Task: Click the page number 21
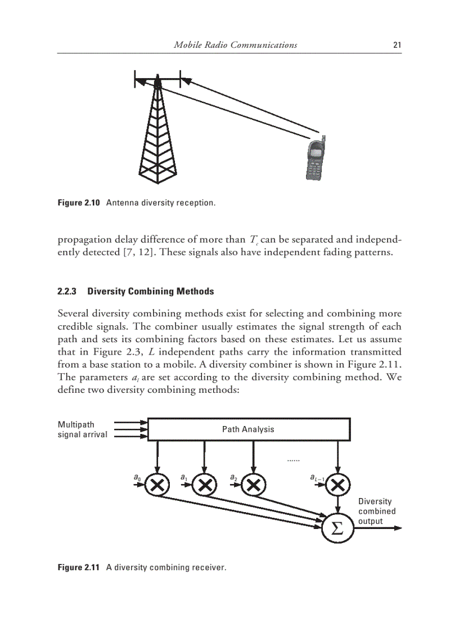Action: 397,45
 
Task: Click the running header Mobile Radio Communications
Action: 235,45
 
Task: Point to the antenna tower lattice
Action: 158,135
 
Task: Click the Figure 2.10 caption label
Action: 79,203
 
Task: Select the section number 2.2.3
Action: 68,292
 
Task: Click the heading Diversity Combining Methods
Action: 150,292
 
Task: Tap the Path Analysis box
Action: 248,429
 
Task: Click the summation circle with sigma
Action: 336,528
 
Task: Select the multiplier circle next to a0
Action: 158,483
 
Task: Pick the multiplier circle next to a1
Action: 205,483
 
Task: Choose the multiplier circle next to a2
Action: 254,483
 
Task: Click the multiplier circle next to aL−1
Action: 337,483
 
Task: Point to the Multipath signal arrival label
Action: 82,429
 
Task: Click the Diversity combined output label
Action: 376,511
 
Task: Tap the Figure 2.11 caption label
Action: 79,567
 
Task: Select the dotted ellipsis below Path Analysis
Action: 292,460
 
